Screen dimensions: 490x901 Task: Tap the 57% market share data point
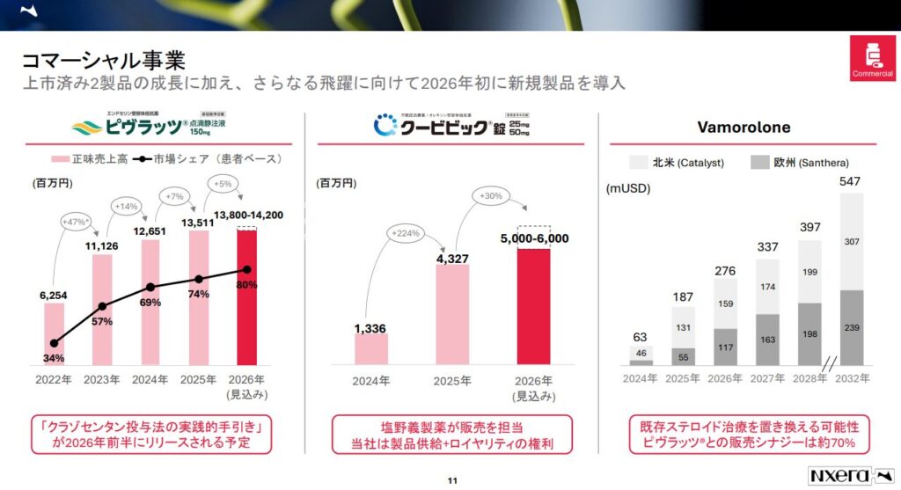click(x=103, y=306)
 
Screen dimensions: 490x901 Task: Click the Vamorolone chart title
click(x=744, y=128)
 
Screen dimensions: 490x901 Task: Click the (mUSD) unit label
click(x=625, y=188)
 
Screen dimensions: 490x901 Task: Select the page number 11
click(x=451, y=480)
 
